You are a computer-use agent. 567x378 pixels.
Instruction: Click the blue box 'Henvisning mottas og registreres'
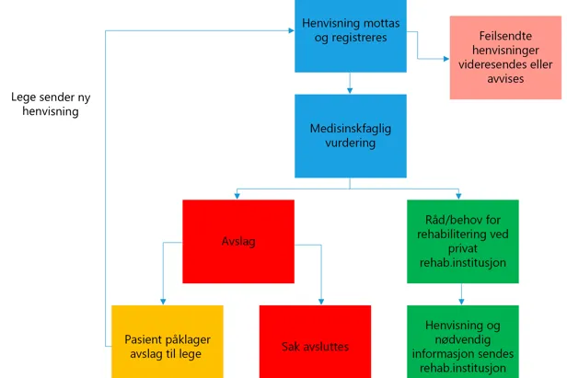pyautogui.click(x=350, y=37)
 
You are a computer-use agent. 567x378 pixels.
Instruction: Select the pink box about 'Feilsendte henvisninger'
pyautogui.click(x=505, y=57)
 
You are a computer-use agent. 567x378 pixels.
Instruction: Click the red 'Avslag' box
pyautogui.click(x=238, y=242)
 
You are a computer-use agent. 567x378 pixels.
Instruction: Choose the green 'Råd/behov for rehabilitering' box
pyautogui.click(x=461, y=242)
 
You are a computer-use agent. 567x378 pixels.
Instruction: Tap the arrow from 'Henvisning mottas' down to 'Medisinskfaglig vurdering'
pyautogui.click(x=350, y=85)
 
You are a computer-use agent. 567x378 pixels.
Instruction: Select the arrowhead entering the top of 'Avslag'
pyautogui.click(x=238, y=196)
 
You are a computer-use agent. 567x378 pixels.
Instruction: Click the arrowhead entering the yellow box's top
pyautogui.click(x=164, y=302)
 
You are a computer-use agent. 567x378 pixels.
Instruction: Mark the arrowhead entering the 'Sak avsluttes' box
pyautogui.click(x=320, y=302)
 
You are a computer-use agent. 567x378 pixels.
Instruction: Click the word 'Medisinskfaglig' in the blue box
pyautogui.click(x=350, y=129)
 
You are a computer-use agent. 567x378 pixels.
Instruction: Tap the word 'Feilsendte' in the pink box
pyautogui.click(x=505, y=34)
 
